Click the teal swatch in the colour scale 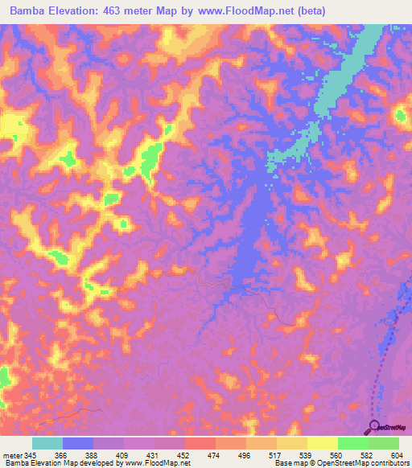[x=47, y=443]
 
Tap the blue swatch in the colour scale [x=78, y=443]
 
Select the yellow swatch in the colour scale [x=322, y=443]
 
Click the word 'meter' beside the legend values [x=12, y=454]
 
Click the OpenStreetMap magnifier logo [x=373, y=426]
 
